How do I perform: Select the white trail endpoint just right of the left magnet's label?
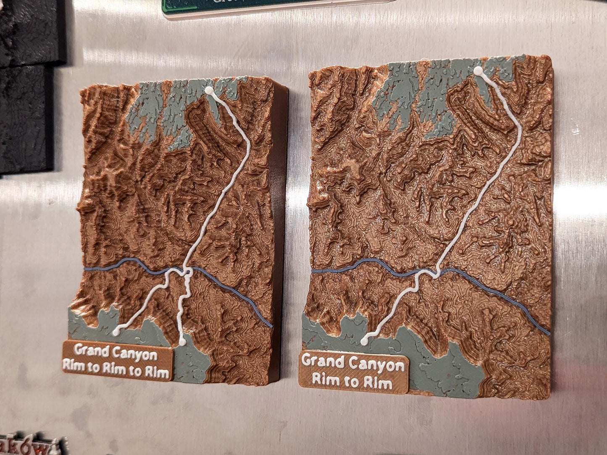182,343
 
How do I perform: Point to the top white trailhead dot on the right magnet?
478,71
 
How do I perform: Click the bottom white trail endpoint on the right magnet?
363,342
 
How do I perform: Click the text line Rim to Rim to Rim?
116,369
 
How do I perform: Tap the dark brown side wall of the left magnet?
279,210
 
